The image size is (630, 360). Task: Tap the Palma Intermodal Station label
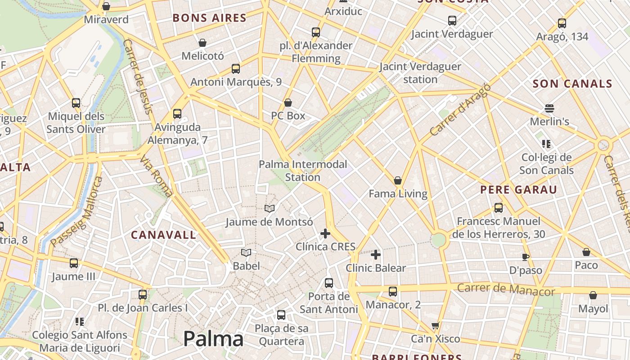(x=302, y=171)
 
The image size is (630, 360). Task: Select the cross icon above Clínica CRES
(x=325, y=234)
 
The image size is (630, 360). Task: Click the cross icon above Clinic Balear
(x=375, y=255)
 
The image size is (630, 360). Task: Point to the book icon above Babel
(x=246, y=252)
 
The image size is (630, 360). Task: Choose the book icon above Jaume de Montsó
(x=269, y=209)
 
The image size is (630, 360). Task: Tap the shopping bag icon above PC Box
(x=288, y=103)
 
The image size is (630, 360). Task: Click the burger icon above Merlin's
(x=549, y=108)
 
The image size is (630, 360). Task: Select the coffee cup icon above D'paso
(x=525, y=257)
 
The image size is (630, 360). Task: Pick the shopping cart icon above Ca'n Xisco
(x=435, y=325)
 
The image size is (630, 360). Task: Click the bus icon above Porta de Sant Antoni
(x=329, y=283)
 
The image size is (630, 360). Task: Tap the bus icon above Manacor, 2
(x=393, y=292)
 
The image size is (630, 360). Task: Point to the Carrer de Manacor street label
(x=506, y=289)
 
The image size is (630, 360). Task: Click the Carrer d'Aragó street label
(x=459, y=110)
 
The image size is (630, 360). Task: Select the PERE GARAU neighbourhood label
(x=518, y=189)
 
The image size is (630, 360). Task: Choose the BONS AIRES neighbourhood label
(x=209, y=18)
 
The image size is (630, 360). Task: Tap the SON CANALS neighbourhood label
(x=572, y=84)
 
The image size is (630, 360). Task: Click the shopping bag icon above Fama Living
(x=398, y=181)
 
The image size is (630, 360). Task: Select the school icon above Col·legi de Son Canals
(x=546, y=144)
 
